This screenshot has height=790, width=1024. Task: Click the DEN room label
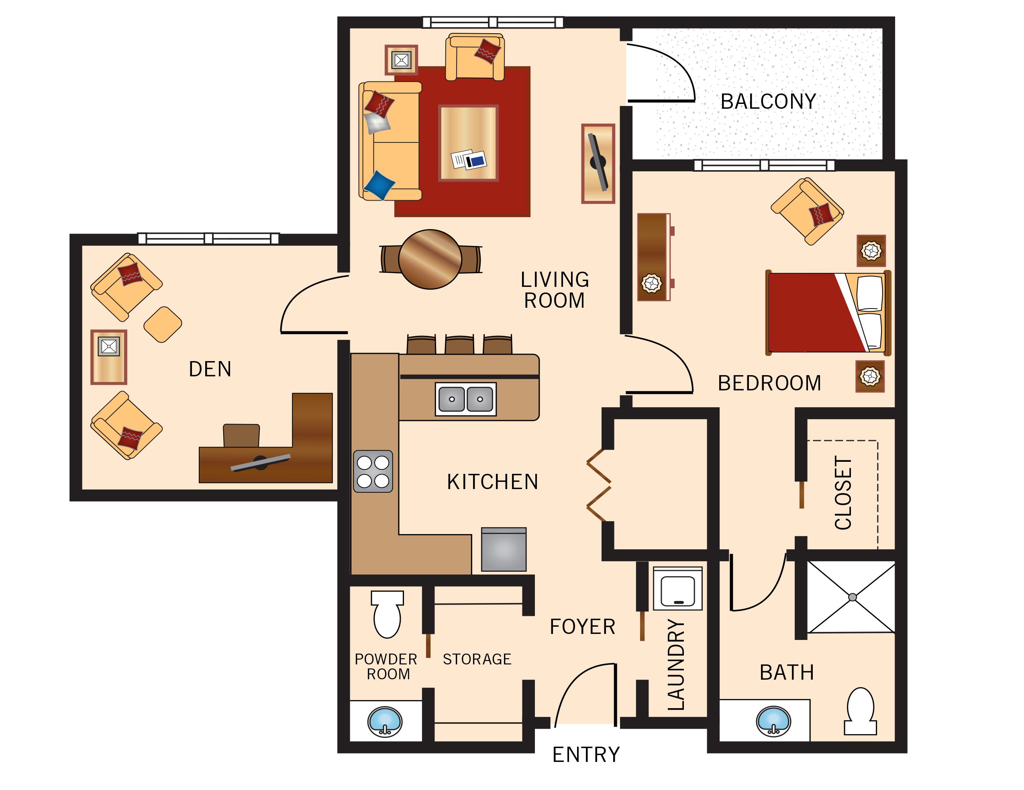210,369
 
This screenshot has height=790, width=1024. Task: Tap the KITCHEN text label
492,482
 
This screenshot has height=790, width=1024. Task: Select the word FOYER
582,627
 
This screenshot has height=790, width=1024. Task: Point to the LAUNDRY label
676,664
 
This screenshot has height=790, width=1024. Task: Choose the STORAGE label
477,659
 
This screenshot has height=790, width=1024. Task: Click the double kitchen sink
465,399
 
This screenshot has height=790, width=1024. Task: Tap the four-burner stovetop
373,471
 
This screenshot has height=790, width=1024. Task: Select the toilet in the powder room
387,614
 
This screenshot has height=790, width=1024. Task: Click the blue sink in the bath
773,721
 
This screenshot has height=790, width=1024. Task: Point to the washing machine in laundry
677,589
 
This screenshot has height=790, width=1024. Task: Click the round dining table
430,259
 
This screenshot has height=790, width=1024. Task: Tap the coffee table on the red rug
468,143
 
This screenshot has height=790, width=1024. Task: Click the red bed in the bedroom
816,313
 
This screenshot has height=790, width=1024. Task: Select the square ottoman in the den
163,324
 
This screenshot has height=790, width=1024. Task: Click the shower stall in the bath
851,597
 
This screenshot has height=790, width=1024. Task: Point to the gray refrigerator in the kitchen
504,550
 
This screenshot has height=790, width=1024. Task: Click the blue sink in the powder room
384,721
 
